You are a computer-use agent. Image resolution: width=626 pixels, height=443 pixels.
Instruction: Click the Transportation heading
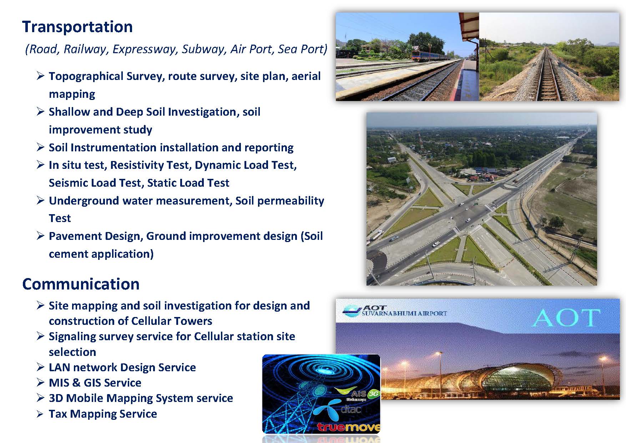pos(77,27)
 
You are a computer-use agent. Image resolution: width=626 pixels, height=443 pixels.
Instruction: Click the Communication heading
pos(81,284)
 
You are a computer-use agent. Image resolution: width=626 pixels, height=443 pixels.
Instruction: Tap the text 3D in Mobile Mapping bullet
pos(56,398)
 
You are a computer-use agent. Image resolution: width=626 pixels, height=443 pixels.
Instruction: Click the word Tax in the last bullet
pos(58,414)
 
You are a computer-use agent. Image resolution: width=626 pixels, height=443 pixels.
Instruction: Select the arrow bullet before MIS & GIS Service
pos(40,383)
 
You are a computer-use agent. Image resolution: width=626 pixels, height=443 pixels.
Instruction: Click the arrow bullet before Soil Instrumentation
pos(40,147)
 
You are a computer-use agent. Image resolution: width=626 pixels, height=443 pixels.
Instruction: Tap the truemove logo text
pos(348,427)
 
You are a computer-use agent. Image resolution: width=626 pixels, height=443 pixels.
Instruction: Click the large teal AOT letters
pos(566,317)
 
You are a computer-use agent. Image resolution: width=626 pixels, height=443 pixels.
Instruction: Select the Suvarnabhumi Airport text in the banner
pos(404,313)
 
